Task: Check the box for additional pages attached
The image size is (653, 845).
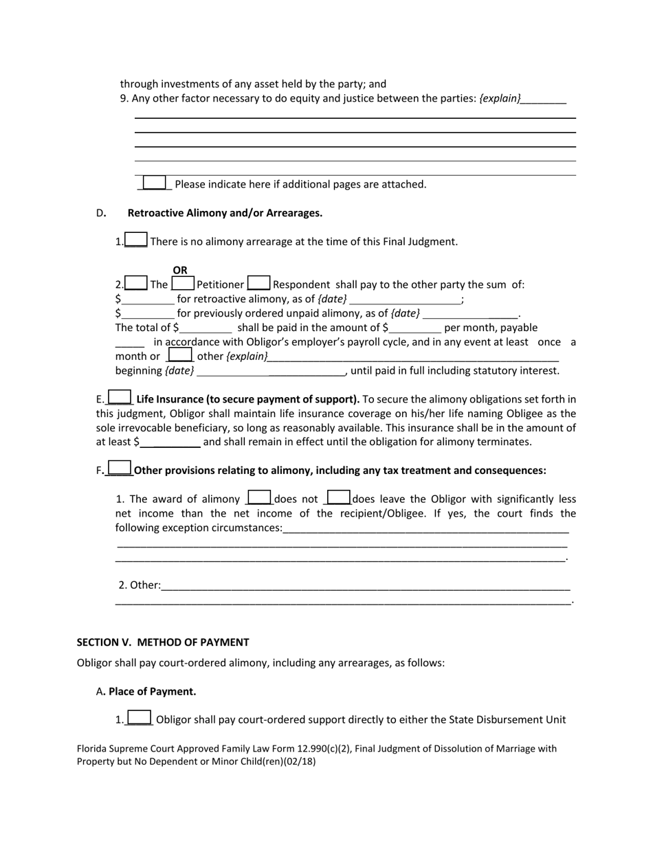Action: (x=154, y=183)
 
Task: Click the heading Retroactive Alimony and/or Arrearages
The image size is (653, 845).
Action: (x=225, y=213)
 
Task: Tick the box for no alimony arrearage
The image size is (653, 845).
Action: (x=136, y=240)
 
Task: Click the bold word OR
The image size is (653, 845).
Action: (x=179, y=270)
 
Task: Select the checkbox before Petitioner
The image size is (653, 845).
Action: (x=183, y=283)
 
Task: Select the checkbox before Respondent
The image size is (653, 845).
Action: (x=258, y=283)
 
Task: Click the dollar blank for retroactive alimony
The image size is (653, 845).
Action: (x=148, y=300)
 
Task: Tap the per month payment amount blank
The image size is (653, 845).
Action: (x=414, y=328)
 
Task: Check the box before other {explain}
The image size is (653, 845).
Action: (x=180, y=355)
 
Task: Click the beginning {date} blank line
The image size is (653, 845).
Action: (x=272, y=371)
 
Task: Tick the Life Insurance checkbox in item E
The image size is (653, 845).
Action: (x=120, y=398)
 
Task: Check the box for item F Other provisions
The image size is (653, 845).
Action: (x=120, y=469)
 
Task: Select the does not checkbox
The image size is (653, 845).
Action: (x=259, y=497)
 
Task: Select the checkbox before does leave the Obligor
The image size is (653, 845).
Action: (x=338, y=497)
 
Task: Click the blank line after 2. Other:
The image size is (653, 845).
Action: (x=364, y=586)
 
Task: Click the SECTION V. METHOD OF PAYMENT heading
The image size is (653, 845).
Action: (x=163, y=642)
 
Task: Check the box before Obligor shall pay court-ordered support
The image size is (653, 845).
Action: (x=140, y=719)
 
